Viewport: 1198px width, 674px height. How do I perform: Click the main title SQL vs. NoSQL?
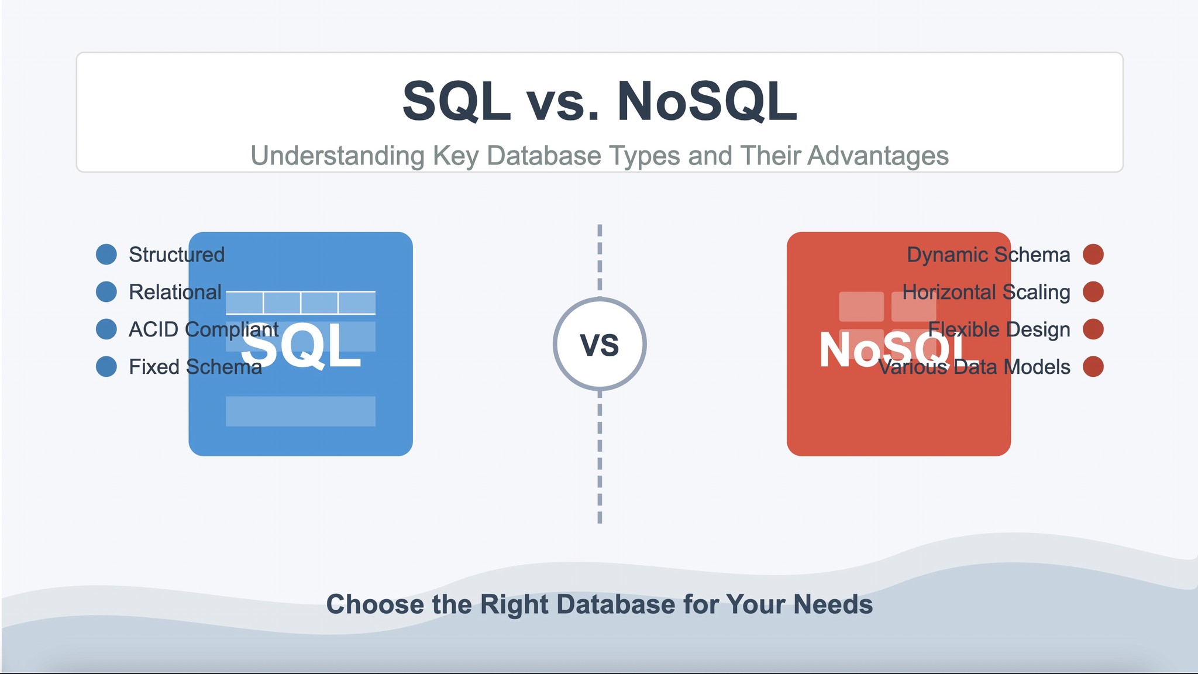pyautogui.click(x=600, y=102)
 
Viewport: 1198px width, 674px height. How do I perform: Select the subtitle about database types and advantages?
pyautogui.click(x=600, y=156)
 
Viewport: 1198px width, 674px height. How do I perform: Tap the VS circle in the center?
pyautogui.click(x=600, y=344)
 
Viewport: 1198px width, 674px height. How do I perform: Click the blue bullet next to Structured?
pyautogui.click(x=106, y=255)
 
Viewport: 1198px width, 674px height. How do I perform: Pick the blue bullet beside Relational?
pyautogui.click(x=106, y=292)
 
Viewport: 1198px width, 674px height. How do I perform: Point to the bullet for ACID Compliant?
pyautogui.click(x=106, y=329)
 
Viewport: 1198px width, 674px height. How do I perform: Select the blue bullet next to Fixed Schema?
pyautogui.click(x=106, y=367)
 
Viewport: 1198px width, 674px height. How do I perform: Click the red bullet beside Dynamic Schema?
pyautogui.click(x=1093, y=255)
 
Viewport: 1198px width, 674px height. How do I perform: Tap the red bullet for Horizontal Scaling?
pyautogui.click(x=1093, y=292)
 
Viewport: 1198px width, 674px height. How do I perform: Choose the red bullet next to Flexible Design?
pyautogui.click(x=1093, y=329)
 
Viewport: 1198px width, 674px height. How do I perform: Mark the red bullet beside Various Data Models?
pyautogui.click(x=1093, y=367)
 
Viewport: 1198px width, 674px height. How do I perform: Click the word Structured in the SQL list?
pyautogui.click(x=177, y=255)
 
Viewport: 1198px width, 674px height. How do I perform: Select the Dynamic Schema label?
pyautogui.click(x=988, y=255)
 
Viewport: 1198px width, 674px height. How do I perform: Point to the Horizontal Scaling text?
pyautogui.click(x=986, y=292)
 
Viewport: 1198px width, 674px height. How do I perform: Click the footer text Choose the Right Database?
pyautogui.click(x=600, y=604)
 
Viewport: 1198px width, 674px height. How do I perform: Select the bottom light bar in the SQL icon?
pyautogui.click(x=301, y=411)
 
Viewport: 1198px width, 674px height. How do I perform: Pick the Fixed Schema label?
pyautogui.click(x=195, y=367)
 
